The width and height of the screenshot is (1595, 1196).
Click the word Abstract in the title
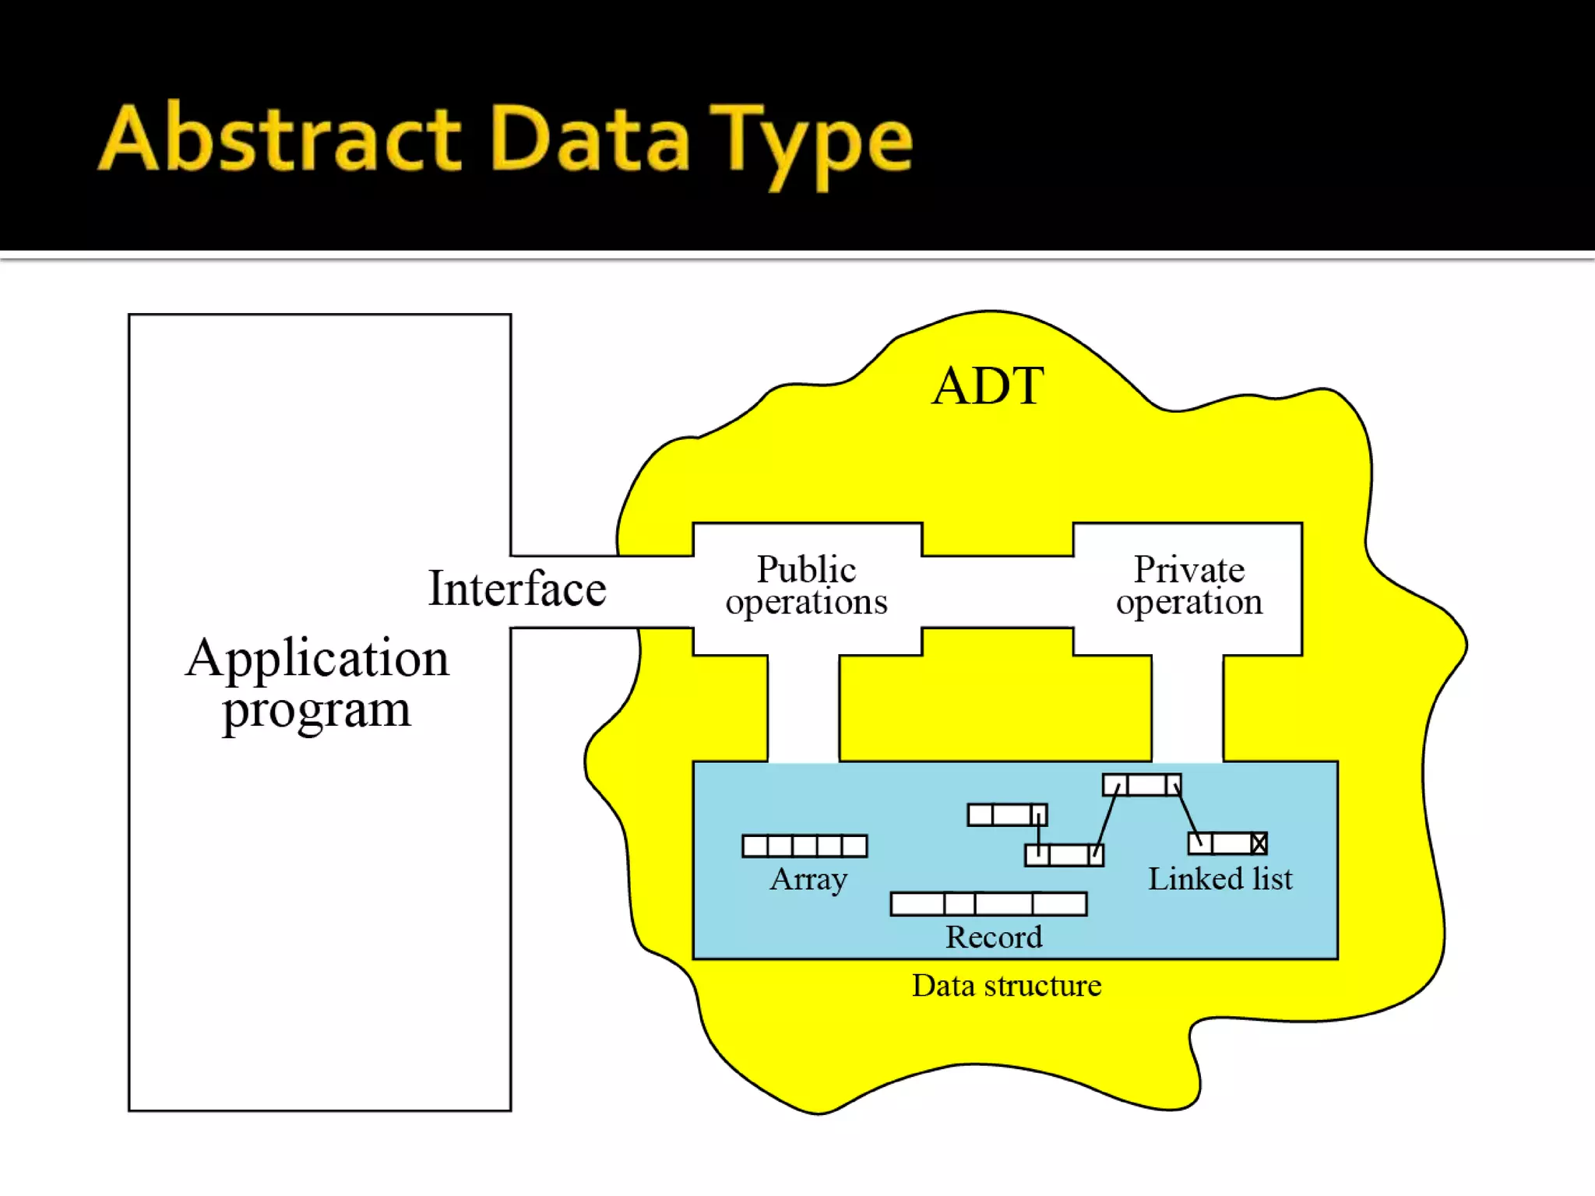pyautogui.click(x=280, y=140)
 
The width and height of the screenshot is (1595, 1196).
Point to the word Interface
pyautogui.click(x=517, y=589)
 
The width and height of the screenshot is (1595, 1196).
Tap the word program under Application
pyautogui.click(x=316, y=711)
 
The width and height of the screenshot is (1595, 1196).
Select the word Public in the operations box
pyautogui.click(x=806, y=569)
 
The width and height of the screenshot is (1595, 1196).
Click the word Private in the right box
pyautogui.click(x=1188, y=569)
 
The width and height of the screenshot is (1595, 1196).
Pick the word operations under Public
pyautogui.click(x=806, y=603)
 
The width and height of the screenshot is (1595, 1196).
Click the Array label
pyautogui.click(x=808, y=880)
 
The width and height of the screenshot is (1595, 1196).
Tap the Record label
pyautogui.click(x=993, y=937)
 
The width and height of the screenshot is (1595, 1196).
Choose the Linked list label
pyautogui.click(x=1220, y=879)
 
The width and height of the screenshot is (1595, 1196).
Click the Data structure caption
pyautogui.click(x=1006, y=986)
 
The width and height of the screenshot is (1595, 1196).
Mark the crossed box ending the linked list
pyautogui.click(x=1259, y=843)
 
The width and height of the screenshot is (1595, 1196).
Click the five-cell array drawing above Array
pyautogui.click(x=805, y=846)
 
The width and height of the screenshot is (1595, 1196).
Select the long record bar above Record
pyautogui.click(x=988, y=904)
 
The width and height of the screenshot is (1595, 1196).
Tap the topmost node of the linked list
pyautogui.click(x=1142, y=785)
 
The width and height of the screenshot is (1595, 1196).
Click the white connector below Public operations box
pyautogui.click(x=803, y=709)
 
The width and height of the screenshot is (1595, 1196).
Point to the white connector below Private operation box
pyautogui.click(x=1187, y=709)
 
